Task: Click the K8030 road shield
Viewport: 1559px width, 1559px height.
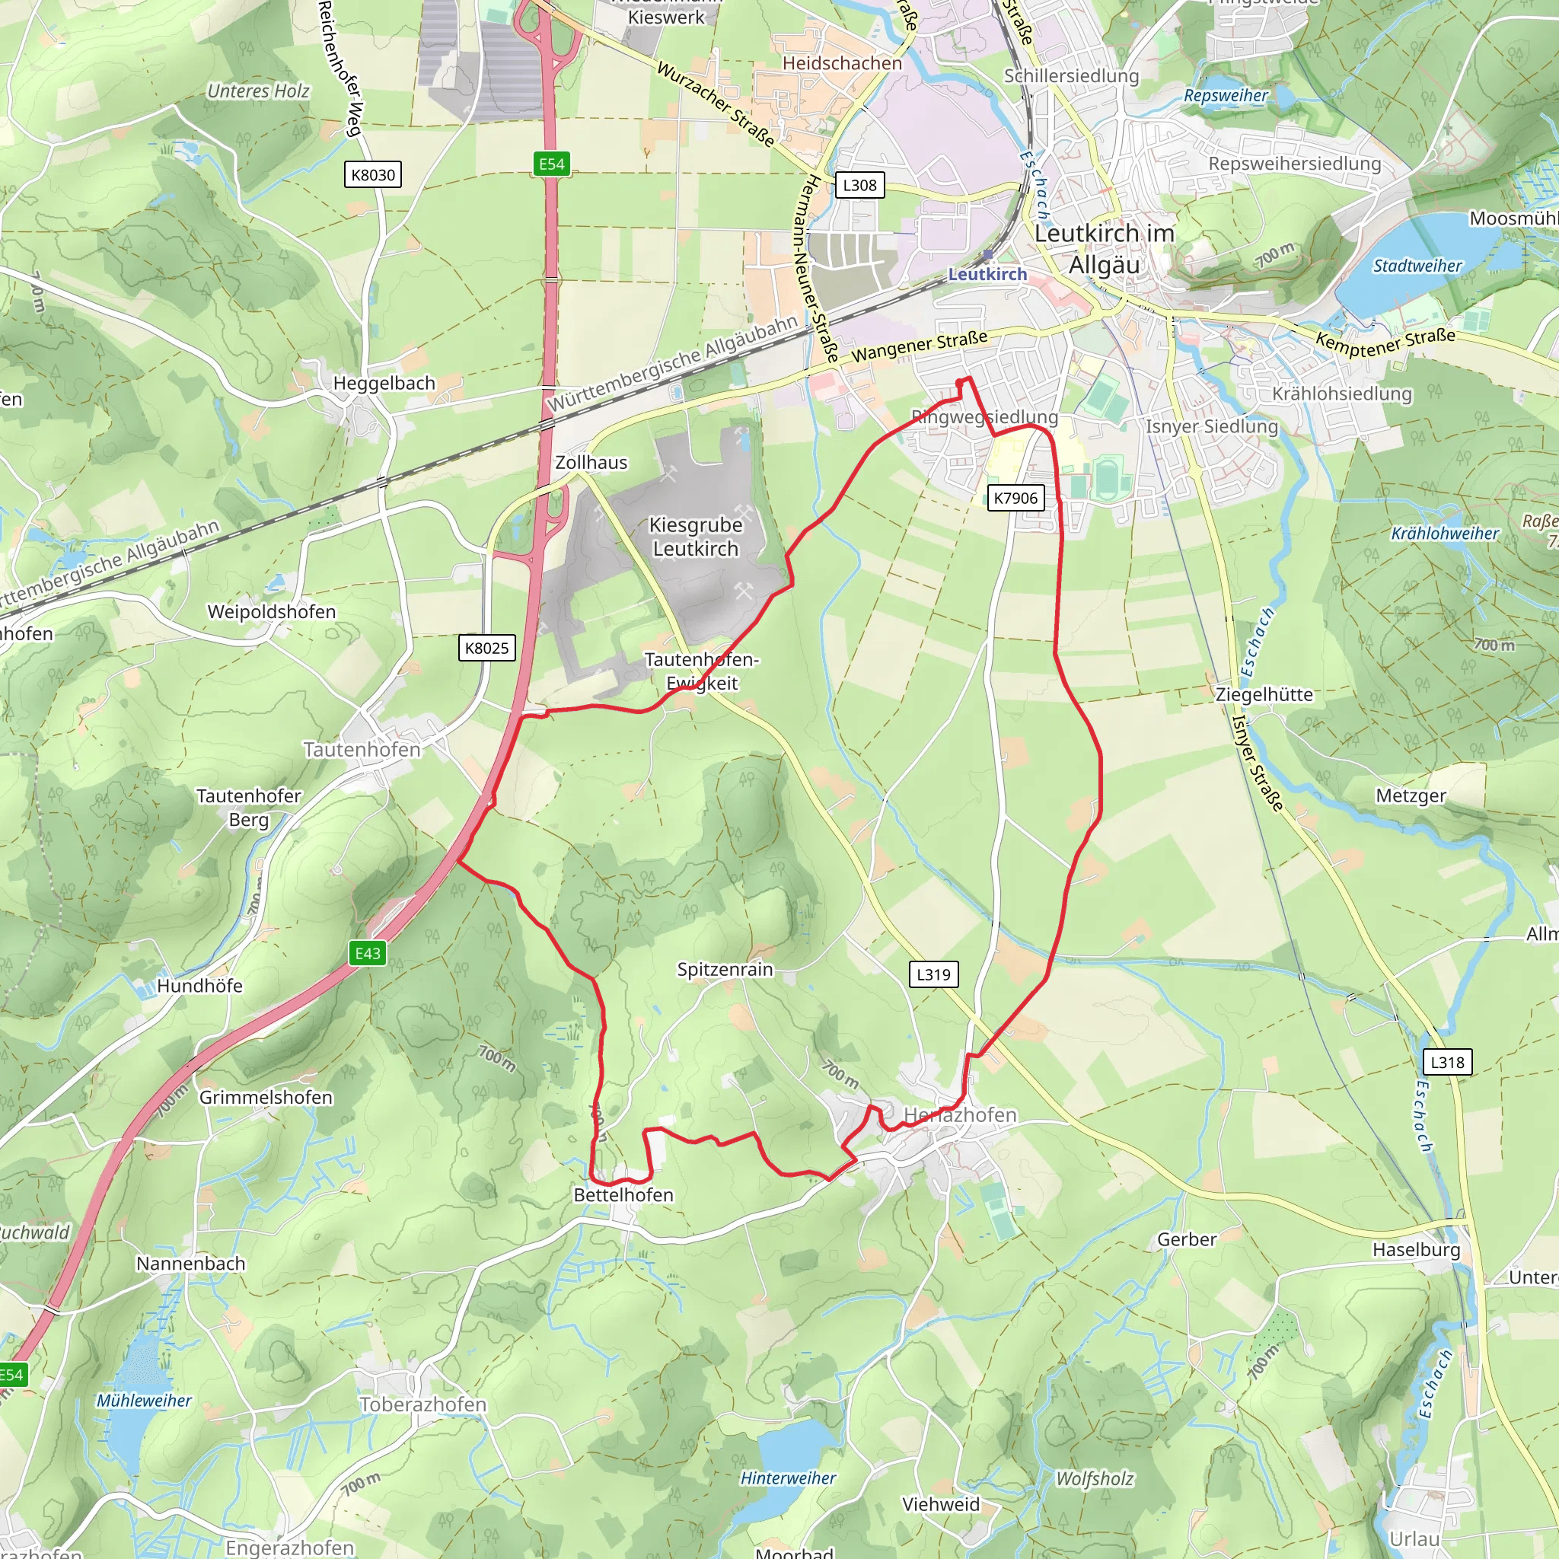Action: pos(373,174)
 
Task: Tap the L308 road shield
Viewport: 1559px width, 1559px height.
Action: pos(859,185)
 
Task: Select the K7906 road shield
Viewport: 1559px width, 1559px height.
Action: pos(1015,498)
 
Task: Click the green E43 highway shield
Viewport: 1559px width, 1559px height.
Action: pos(368,953)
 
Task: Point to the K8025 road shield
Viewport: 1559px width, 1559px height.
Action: pos(486,648)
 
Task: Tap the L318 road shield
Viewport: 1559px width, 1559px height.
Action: pos(1447,1062)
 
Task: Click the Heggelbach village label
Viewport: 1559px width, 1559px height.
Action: pos(384,384)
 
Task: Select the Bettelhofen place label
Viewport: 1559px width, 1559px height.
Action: pos(623,1195)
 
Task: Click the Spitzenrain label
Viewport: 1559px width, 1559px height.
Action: pos(725,969)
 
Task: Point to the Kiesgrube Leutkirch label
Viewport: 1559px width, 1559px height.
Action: pos(696,537)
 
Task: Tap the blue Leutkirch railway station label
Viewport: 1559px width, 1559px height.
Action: pos(987,274)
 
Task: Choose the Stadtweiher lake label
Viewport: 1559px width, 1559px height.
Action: pos(1417,266)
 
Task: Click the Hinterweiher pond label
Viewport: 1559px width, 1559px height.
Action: pos(788,1478)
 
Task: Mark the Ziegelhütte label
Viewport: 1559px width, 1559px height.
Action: pos(1264,695)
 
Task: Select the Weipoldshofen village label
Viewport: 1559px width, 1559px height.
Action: pos(271,612)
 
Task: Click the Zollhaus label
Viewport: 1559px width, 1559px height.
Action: pos(591,462)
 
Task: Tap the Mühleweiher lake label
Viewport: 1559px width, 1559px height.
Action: pos(144,1400)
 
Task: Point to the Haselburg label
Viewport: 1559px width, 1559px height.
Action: pos(1416,1250)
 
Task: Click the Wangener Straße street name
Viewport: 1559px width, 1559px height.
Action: pos(919,347)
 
